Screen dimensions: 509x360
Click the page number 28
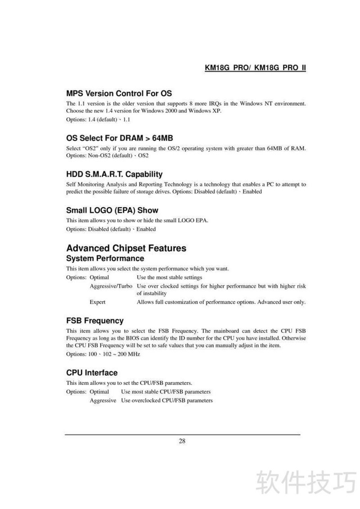click(182, 441)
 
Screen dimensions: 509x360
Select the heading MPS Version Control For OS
click(119, 94)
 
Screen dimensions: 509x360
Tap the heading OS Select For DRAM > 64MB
click(120, 138)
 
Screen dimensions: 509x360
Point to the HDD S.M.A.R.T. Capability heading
click(114, 174)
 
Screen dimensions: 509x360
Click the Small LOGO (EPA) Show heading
click(112, 210)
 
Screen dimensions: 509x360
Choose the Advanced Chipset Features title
click(126, 248)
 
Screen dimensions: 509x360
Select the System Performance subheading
click(105, 259)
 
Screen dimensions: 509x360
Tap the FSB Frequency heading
click(94, 321)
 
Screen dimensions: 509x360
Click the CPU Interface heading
click(92, 373)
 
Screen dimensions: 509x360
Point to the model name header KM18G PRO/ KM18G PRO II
click(255, 68)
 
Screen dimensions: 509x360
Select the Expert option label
click(98, 302)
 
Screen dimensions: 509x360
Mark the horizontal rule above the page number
click(182, 434)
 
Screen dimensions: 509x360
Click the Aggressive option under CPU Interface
click(103, 400)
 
